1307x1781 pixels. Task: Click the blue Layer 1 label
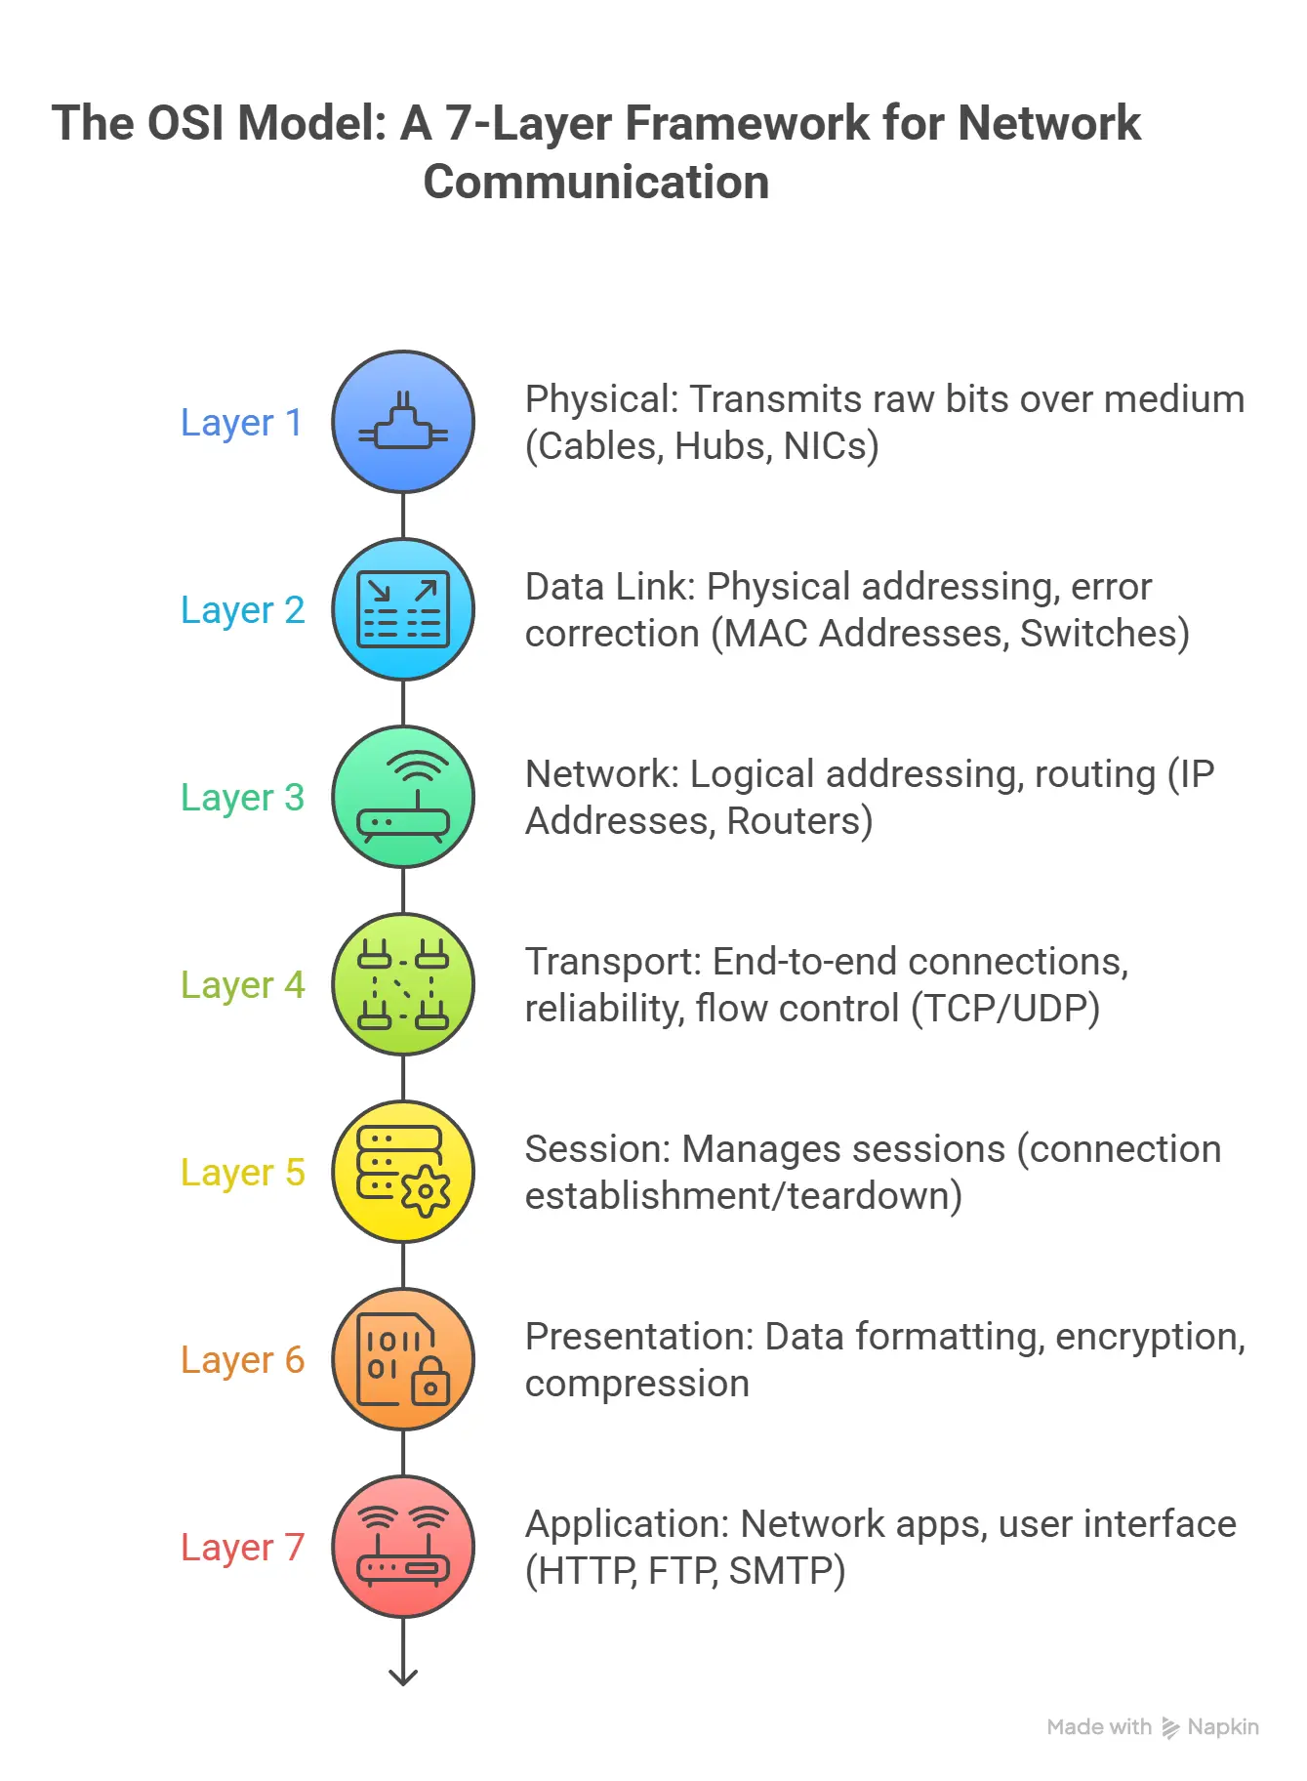point(241,423)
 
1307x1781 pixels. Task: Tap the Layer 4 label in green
point(242,985)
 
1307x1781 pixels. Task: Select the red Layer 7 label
point(242,1548)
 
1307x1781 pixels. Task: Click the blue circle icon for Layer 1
point(403,423)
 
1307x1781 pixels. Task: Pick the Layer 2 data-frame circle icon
point(403,610)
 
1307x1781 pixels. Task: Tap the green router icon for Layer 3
point(403,798)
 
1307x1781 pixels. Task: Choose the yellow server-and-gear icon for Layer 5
point(403,1173)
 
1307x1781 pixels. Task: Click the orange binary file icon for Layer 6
point(403,1360)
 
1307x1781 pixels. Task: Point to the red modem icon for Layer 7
point(403,1548)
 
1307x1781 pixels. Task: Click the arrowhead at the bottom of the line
point(403,1677)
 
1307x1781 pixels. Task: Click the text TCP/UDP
point(1006,1009)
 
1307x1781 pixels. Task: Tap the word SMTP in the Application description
point(785,1571)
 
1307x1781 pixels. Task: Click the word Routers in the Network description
point(797,821)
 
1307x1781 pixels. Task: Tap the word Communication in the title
point(595,183)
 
